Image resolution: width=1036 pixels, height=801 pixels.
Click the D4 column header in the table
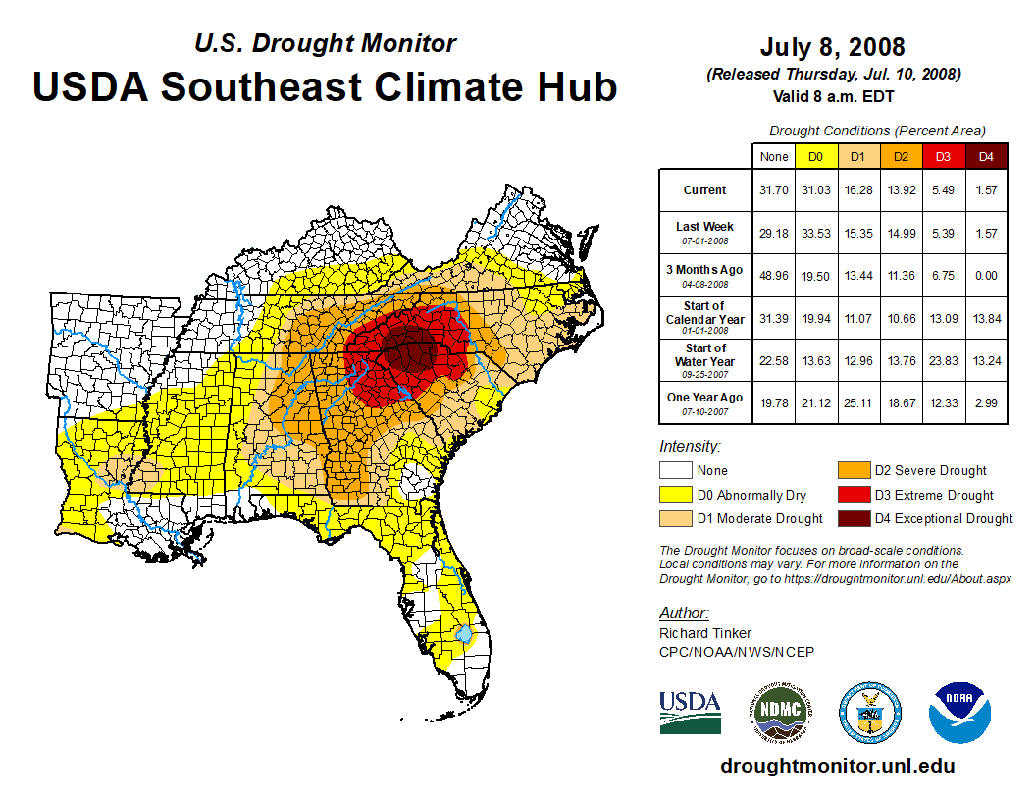(986, 156)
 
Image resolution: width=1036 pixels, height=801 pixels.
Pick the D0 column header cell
(815, 156)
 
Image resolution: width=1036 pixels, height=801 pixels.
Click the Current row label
(705, 190)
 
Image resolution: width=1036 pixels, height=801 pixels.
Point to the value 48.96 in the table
(774, 275)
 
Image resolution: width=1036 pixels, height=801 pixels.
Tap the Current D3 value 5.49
(944, 190)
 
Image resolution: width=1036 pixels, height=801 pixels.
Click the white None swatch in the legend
(676, 471)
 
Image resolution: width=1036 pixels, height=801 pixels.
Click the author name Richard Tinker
(705, 634)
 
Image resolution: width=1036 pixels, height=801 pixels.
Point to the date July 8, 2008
(833, 46)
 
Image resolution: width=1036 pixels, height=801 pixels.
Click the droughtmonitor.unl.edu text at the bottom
(837, 766)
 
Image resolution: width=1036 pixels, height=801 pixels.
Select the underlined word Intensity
(690, 447)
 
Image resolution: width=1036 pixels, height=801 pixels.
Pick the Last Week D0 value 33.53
(815, 233)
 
